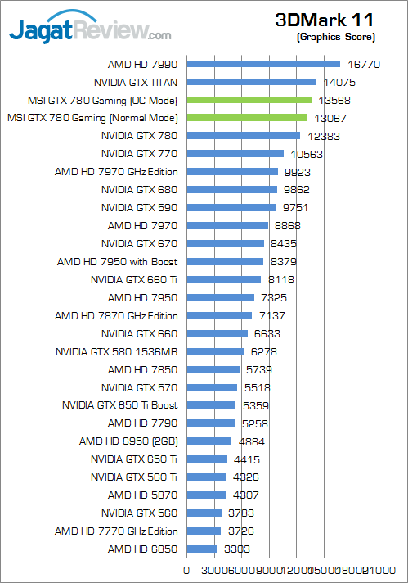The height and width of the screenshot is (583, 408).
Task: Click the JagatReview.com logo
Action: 90,31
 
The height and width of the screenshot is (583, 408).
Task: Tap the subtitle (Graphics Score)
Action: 336,37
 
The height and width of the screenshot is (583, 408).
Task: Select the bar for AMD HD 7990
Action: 263,64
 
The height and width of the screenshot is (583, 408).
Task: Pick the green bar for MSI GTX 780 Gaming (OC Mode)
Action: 249,100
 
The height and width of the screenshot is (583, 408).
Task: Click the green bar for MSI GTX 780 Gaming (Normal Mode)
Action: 247,118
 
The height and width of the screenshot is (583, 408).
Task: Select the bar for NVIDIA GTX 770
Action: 235,154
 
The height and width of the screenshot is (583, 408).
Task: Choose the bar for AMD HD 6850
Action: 202,549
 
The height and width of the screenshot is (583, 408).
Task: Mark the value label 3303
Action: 237,549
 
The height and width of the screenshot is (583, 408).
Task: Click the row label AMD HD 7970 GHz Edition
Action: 116,172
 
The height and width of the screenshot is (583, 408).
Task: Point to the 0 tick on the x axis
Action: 187,570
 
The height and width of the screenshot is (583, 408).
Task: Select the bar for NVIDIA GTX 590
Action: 232,207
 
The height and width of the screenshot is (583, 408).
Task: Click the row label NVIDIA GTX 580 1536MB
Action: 116,351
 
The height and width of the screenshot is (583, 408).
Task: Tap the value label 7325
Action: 275,297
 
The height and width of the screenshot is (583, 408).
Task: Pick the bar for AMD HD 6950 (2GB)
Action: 209,441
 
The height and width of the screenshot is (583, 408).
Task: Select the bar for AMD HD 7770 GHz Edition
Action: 204,531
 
